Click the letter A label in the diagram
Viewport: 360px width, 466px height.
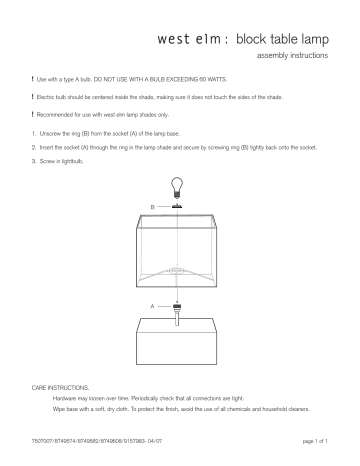point(151,303)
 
